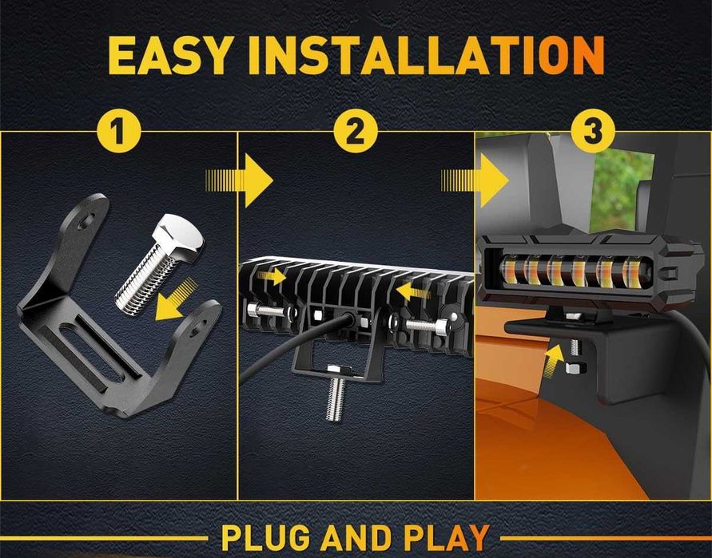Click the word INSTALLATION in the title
pos(426,55)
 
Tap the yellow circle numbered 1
pos(119,131)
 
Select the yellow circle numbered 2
pos(356,131)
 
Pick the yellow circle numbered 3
pos(593,131)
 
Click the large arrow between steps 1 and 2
pos(239,180)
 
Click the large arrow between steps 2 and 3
pos(475,180)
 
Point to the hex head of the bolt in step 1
pos(178,235)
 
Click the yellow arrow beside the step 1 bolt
pos(176,300)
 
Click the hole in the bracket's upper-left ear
pos(87,221)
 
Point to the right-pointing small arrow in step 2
pos(271,276)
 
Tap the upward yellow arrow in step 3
pos(553,361)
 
